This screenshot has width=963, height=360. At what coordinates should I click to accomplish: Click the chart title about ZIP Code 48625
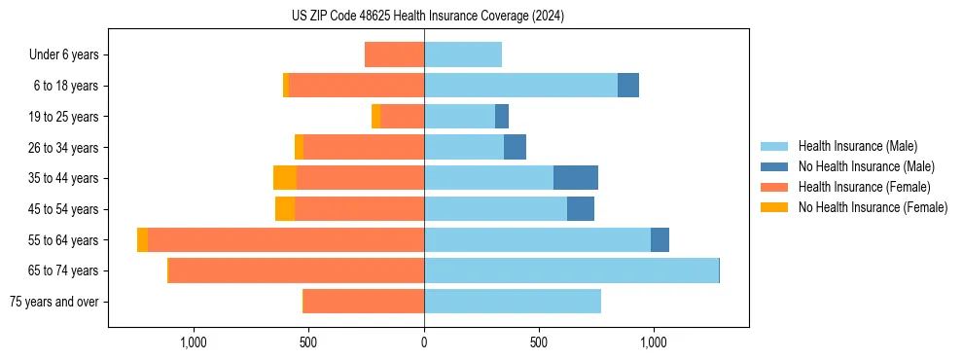point(428,17)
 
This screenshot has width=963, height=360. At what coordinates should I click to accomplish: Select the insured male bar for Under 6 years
point(463,54)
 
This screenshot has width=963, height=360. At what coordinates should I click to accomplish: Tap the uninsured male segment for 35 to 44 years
point(575,178)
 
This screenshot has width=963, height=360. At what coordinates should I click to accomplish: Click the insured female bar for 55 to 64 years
point(286,239)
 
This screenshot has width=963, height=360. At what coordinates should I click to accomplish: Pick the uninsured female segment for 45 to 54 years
point(285,209)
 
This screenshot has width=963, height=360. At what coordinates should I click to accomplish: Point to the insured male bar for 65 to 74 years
point(571,270)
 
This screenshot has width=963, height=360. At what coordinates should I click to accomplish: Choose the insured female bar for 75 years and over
point(364,302)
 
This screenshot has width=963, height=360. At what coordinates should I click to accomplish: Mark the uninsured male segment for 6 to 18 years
point(628,86)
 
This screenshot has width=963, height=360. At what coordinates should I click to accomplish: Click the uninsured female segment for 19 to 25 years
point(375,117)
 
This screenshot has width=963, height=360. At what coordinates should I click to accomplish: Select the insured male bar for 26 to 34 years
point(464,147)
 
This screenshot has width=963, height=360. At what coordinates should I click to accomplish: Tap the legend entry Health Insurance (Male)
point(857,146)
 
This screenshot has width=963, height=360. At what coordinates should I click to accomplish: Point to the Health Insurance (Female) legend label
point(865,187)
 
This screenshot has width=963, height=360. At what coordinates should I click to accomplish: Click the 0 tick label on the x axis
point(424,342)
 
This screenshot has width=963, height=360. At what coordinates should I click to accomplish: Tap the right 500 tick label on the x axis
point(539,342)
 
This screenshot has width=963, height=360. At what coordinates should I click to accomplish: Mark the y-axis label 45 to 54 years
point(64,209)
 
